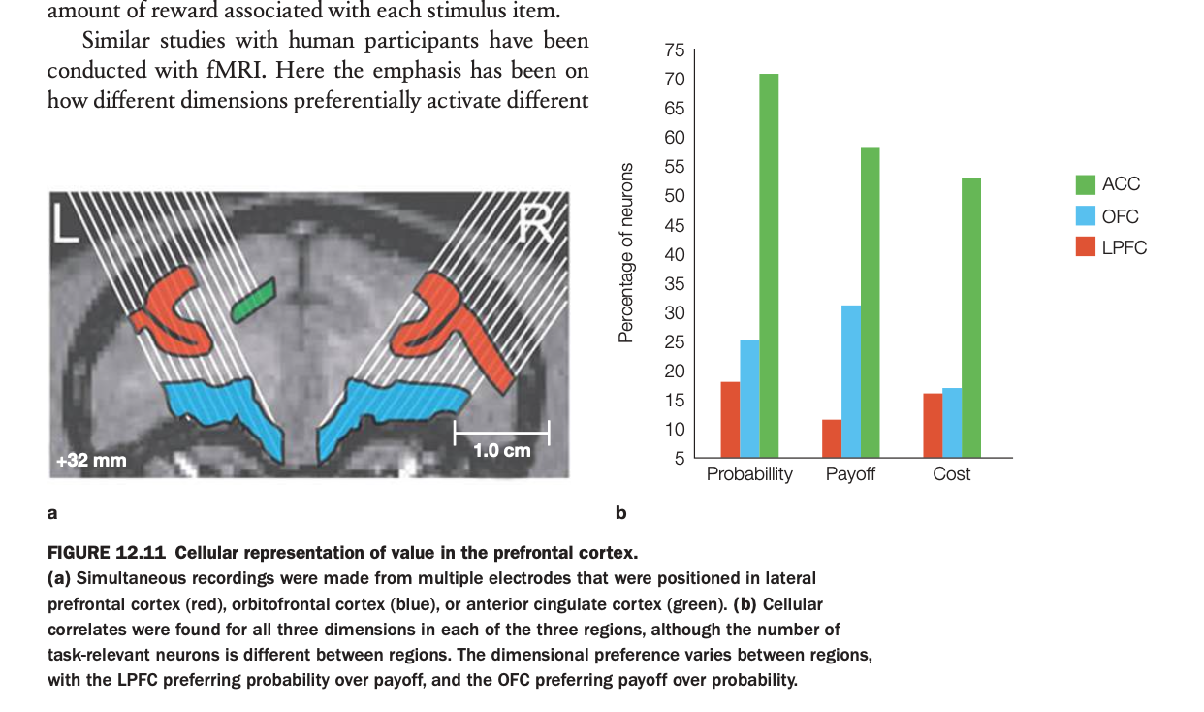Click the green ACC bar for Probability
(x=769, y=265)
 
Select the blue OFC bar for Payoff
(x=850, y=380)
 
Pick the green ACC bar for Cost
(x=970, y=317)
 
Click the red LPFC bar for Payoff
(x=832, y=437)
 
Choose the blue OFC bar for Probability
(x=749, y=398)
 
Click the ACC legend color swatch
(x=1086, y=184)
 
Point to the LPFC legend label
(x=1124, y=248)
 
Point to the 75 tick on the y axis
(x=675, y=50)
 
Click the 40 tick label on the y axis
(x=675, y=255)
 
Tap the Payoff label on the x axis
(x=850, y=474)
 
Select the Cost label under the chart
(x=951, y=474)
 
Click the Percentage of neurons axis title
(x=626, y=252)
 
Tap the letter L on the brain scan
(x=66, y=222)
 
